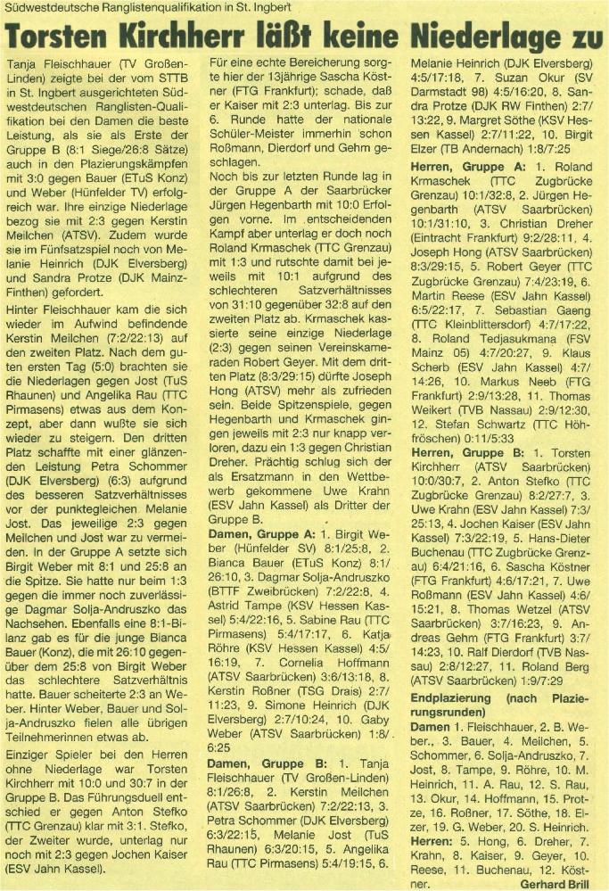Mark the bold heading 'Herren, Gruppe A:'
tap(466, 167)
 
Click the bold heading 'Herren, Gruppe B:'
tap(466, 454)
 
